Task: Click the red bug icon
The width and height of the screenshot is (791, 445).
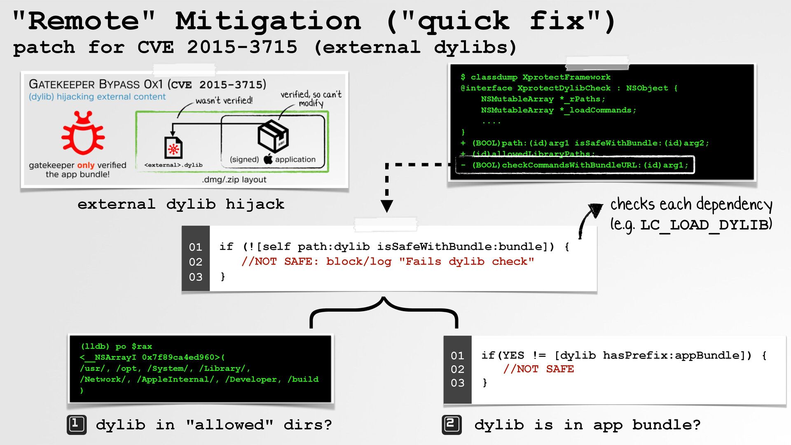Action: point(83,132)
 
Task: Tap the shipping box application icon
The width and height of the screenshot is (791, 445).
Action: point(273,136)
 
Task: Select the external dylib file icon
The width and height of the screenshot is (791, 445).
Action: point(173,147)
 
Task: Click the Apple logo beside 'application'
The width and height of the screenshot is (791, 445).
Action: point(268,159)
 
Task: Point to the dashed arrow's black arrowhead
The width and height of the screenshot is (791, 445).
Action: point(386,206)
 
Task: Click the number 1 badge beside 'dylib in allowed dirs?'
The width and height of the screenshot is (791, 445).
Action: point(77,425)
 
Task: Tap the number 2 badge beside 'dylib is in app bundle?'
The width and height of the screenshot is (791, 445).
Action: point(452,425)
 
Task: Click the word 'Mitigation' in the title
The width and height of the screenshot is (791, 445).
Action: point(268,21)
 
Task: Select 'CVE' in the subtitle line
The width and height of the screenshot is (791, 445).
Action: point(156,47)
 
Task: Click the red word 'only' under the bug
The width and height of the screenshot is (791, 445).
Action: point(86,165)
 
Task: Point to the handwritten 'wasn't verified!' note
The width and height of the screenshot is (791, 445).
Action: point(224,101)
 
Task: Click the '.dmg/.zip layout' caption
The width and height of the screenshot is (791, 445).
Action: point(234,180)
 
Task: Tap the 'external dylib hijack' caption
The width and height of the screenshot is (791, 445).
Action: point(181,204)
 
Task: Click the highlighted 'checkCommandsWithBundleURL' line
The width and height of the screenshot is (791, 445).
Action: point(575,165)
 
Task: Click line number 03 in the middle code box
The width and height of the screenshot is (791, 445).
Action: point(196,277)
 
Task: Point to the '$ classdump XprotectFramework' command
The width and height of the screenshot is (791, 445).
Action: point(536,77)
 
